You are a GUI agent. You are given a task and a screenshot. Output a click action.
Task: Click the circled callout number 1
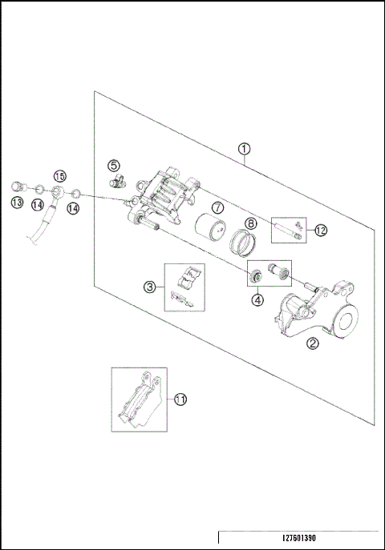pyautogui.click(x=244, y=149)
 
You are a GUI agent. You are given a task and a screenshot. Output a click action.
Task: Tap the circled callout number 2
pyautogui.click(x=312, y=345)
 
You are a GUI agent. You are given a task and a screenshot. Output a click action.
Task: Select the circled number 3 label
pyautogui.click(x=149, y=286)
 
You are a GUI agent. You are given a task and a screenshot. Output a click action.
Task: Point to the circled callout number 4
pyautogui.click(x=257, y=300)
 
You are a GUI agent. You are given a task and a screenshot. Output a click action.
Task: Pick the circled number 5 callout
pyautogui.click(x=114, y=165)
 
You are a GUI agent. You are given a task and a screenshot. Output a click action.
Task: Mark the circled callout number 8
pyautogui.click(x=250, y=223)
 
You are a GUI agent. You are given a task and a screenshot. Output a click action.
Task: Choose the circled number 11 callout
pyautogui.click(x=180, y=398)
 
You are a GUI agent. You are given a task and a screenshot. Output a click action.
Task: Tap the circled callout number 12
pyautogui.click(x=321, y=230)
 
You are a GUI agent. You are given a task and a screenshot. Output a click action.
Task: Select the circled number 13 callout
pyautogui.click(x=16, y=204)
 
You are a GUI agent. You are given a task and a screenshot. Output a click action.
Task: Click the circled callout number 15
pyautogui.click(x=59, y=176)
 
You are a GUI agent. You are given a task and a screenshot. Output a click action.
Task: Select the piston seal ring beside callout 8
pyautogui.click(x=243, y=240)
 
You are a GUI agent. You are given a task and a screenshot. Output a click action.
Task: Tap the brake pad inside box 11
pyautogui.click(x=138, y=400)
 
